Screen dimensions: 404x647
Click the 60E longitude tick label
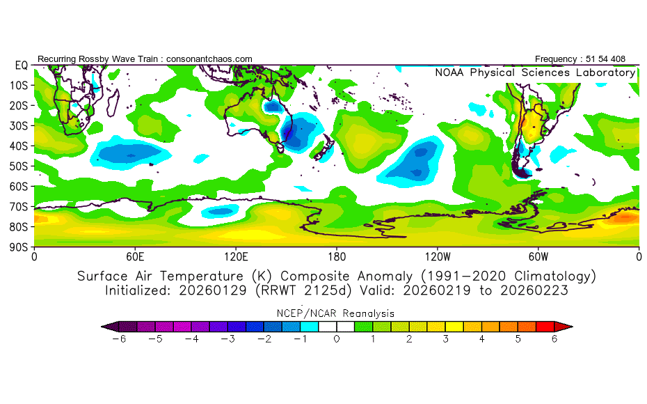click(135, 256)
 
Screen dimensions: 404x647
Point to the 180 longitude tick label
click(337, 256)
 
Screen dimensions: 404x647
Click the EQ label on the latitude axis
click(22, 65)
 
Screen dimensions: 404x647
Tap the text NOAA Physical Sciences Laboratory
click(535, 72)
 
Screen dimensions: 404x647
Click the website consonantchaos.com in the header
click(209, 59)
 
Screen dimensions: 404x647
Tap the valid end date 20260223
click(540, 290)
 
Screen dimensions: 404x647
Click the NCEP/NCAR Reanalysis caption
click(337, 313)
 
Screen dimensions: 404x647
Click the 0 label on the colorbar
click(337, 339)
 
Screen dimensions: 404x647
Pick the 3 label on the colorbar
click(445, 339)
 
